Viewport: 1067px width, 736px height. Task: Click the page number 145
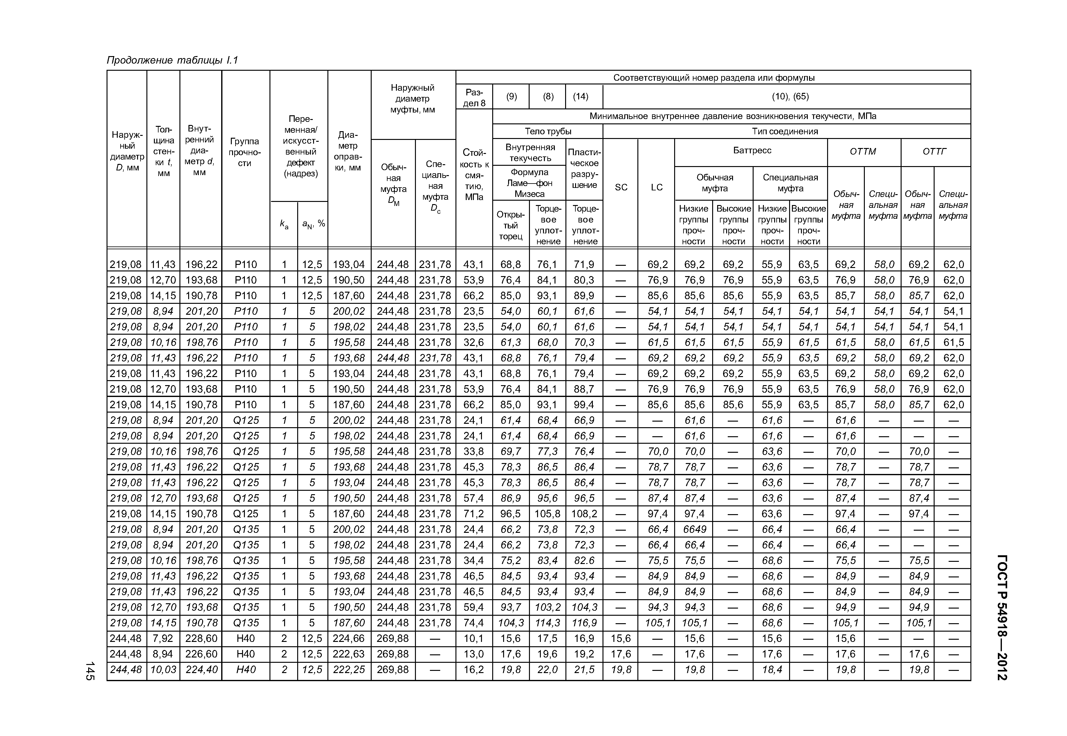coord(90,671)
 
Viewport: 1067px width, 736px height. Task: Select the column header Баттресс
coord(752,150)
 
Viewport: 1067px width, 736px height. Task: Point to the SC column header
coord(621,187)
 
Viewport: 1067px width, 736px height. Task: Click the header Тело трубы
coord(548,131)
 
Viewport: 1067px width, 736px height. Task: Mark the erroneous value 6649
coord(694,529)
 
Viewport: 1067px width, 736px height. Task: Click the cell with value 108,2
coord(584,514)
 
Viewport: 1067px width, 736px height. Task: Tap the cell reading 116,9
coord(584,623)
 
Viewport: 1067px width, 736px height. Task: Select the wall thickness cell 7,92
coord(163,639)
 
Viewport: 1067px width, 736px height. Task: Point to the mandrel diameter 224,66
coord(349,639)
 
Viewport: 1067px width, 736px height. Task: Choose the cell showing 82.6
coord(584,561)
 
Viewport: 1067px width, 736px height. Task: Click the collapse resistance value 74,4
coord(474,623)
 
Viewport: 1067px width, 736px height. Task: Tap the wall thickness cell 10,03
coord(163,670)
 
